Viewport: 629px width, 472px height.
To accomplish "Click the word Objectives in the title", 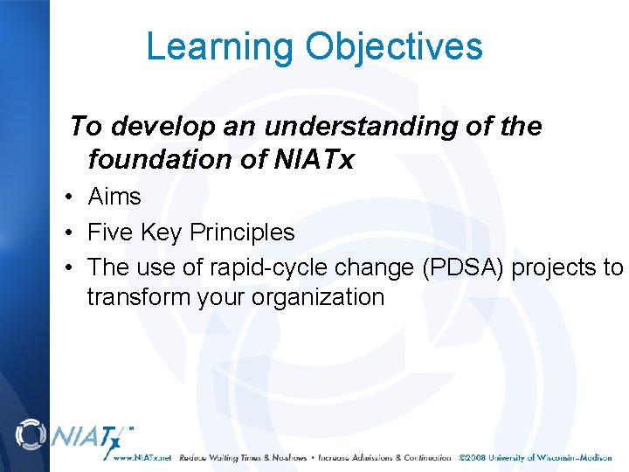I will point(392,46).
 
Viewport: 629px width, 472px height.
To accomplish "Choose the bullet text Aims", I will point(114,198).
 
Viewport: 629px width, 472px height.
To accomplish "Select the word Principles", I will point(242,233).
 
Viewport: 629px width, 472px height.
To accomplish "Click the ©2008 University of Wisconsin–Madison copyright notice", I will point(536,457).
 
